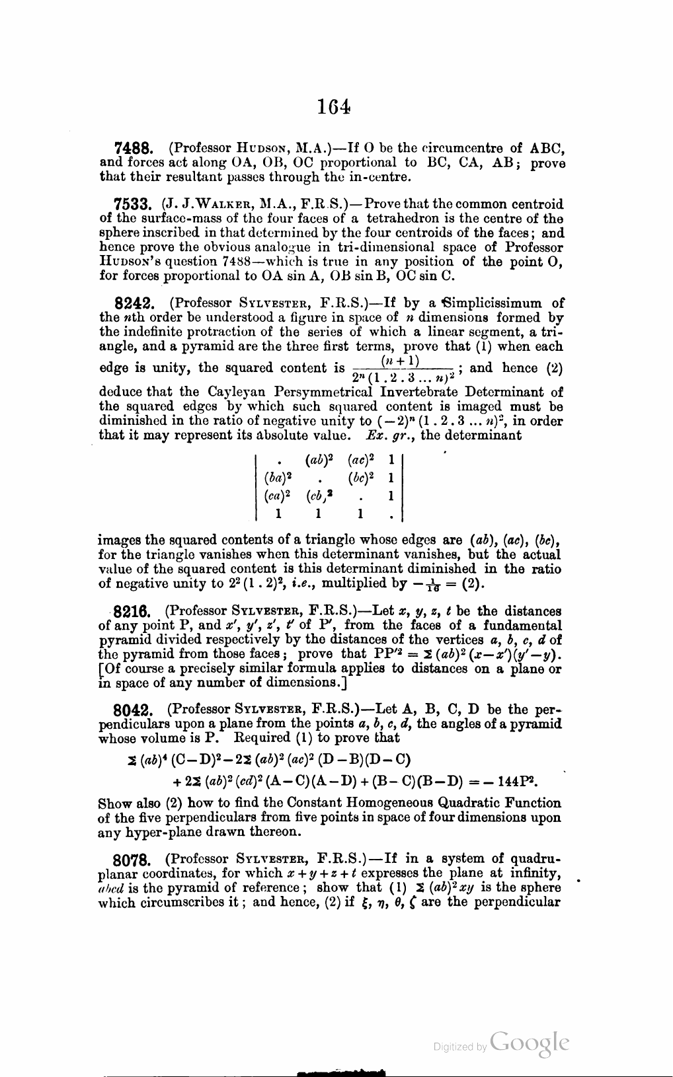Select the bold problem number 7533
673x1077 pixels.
click(x=134, y=205)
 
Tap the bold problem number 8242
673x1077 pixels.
click(x=136, y=305)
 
